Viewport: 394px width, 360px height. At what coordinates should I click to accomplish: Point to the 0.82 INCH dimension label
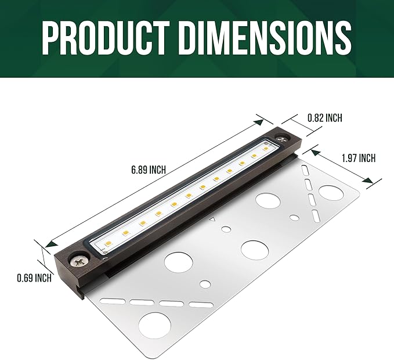pyautogui.click(x=324, y=118)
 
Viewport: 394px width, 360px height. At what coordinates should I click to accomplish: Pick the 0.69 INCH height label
pyautogui.click(x=34, y=278)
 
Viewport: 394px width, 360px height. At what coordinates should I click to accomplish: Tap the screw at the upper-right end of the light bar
pyautogui.click(x=283, y=139)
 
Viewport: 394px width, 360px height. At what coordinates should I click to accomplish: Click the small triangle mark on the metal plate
pyautogui.click(x=213, y=219)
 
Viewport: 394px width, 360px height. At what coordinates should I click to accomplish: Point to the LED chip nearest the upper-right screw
pyautogui.click(x=266, y=149)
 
